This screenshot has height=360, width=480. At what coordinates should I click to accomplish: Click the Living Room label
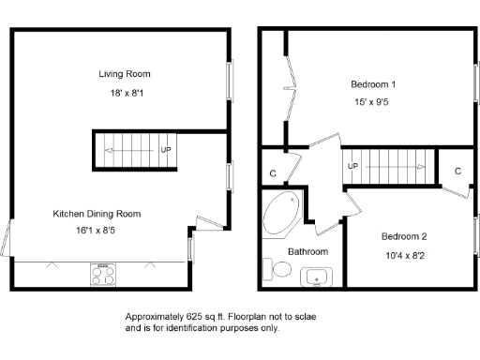tap(125, 73)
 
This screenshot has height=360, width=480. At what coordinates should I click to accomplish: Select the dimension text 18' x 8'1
tap(125, 94)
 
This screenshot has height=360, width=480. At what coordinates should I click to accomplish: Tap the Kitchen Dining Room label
tap(98, 214)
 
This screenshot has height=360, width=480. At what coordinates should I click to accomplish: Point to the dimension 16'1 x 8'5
tap(98, 234)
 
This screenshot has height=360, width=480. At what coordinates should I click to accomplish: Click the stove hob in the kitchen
tap(102, 275)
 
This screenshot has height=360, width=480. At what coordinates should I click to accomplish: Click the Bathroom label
tap(307, 252)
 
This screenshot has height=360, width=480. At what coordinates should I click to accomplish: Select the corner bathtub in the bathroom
tap(280, 214)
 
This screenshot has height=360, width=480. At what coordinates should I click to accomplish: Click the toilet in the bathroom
tap(279, 271)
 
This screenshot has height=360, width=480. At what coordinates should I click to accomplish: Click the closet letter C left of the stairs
tap(272, 173)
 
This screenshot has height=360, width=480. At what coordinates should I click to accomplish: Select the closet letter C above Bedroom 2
tap(457, 171)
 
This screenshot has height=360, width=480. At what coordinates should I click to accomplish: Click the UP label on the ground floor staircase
tap(166, 150)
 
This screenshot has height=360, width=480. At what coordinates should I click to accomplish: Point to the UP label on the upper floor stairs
tap(353, 167)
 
